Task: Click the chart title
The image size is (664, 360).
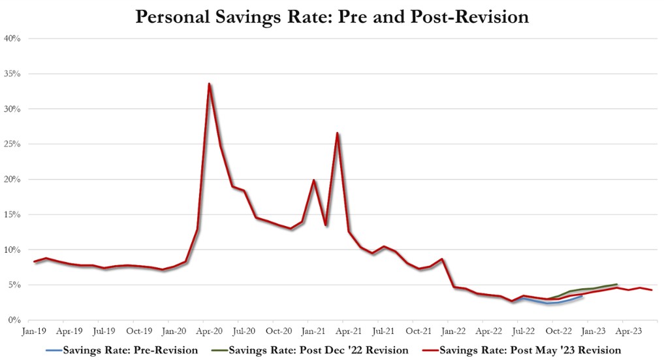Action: coord(332,16)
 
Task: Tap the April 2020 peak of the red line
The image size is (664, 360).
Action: coord(208,84)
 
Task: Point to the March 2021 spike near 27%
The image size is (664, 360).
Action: coord(337,133)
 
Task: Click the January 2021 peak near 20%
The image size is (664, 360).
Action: coord(314,180)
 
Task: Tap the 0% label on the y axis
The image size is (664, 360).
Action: coord(15,321)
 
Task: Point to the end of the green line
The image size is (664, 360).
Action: coord(617,284)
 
